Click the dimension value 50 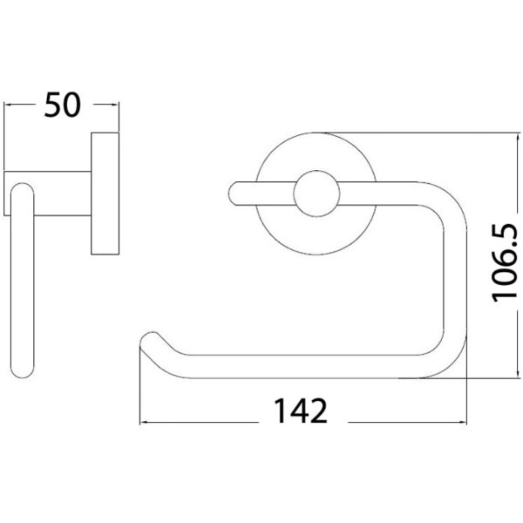pyautogui.click(x=63, y=105)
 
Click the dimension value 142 pyautogui.click(x=301, y=411)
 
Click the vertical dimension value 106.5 pyautogui.click(x=505, y=263)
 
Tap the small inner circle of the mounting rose pyautogui.click(x=316, y=194)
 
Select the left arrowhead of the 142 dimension pyautogui.click(x=144, y=423)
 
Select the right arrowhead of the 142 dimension pyautogui.click(x=463, y=423)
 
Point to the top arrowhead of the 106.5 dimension pyautogui.click(x=518, y=137)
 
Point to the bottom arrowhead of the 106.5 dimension pyautogui.click(x=518, y=374)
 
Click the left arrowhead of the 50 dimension pyautogui.click(x=8, y=105)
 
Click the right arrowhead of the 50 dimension pyautogui.click(x=115, y=105)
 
